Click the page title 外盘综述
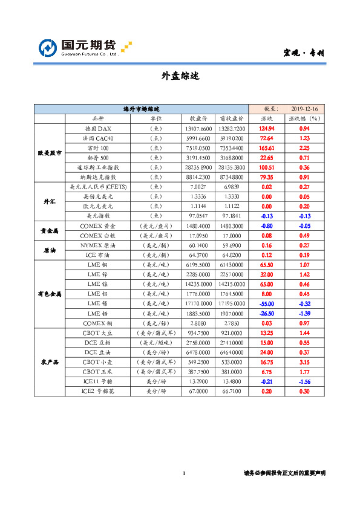[180, 76]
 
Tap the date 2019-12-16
[304, 109]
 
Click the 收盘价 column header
[198, 118]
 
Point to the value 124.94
[267, 129]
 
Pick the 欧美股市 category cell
[50, 153]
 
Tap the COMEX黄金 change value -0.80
[267, 225]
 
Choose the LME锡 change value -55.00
[267, 303]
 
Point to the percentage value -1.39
[304, 313]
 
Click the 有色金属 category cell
[50, 294]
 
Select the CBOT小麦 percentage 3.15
[304, 361]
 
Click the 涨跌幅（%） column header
[304, 118]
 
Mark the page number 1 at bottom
[183, 473]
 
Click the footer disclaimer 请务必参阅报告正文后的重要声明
[284, 473]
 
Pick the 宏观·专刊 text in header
[304, 53]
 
